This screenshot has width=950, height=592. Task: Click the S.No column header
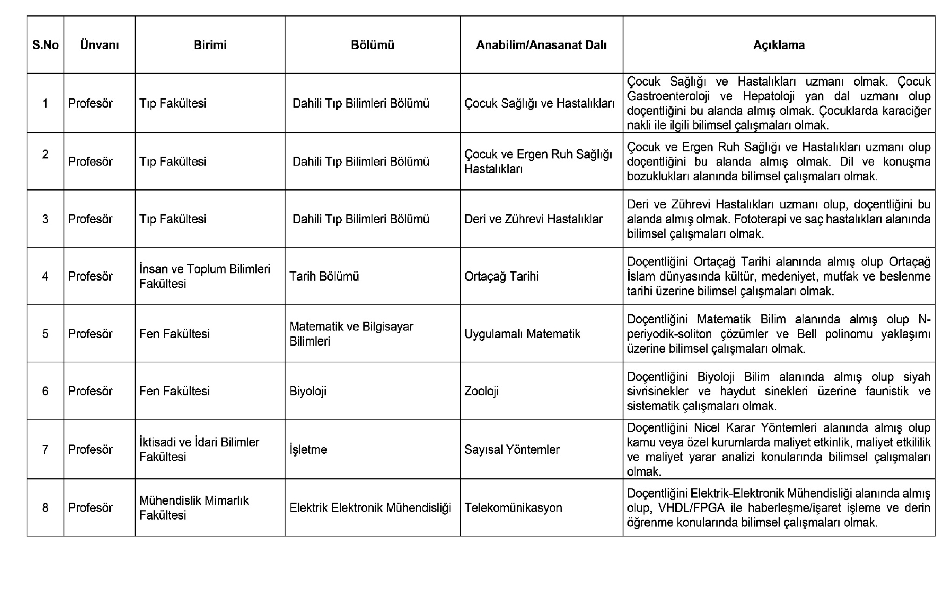(x=45, y=45)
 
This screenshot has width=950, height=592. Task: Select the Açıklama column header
(x=779, y=45)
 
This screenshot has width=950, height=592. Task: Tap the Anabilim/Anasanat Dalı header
(x=541, y=45)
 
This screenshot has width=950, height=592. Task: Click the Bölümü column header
(x=372, y=45)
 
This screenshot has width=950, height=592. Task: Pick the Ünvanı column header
(x=99, y=45)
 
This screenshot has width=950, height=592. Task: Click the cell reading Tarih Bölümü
(x=324, y=277)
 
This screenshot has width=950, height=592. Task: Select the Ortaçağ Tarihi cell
(x=501, y=277)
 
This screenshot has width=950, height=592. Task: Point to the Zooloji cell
(x=481, y=391)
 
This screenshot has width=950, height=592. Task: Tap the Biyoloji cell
(x=308, y=391)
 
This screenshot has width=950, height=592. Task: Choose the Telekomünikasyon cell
(x=513, y=508)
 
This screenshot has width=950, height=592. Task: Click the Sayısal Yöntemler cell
(x=512, y=450)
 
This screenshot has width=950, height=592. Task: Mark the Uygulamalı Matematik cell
(x=522, y=334)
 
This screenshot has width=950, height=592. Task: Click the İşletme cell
(x=308, y=450)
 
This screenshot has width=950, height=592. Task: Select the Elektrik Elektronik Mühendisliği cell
(x=370, y=508)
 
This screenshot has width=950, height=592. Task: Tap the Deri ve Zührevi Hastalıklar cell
(x=533, y=219)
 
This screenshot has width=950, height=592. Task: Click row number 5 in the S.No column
(x=45, y=334)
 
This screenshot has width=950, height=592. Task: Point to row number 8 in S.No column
(x=45, y=508)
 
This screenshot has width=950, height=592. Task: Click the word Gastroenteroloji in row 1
(x=668, y=96)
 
